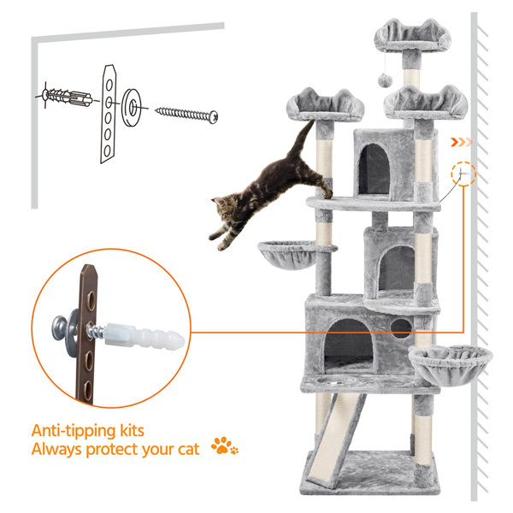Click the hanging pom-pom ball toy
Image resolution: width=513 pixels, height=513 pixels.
(x=385, y=80)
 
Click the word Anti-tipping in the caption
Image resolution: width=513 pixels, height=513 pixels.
(x=74, y=431)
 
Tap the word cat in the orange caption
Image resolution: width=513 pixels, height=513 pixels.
(x=188, y=449)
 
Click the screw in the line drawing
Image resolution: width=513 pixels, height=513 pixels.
(x=186, y=115)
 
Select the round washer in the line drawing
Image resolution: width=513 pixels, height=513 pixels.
(x=131, y=107)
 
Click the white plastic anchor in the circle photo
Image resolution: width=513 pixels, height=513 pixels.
(x=144, y=336)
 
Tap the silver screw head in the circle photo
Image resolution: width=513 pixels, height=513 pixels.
(x=59, y=327)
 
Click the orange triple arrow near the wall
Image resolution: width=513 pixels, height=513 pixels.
(x=462, y=142)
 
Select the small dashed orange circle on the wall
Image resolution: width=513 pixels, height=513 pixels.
(x=463, y=174)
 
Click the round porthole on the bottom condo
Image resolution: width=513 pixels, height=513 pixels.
(x=401, y=328)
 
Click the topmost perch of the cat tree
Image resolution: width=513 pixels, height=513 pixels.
(x=412, y=35)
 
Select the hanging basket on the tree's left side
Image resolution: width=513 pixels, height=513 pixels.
(x=289, y=255)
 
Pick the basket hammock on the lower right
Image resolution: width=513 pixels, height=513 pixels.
(x=451, y=365)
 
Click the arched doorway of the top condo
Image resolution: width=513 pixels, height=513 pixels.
(x=374, y=169)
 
